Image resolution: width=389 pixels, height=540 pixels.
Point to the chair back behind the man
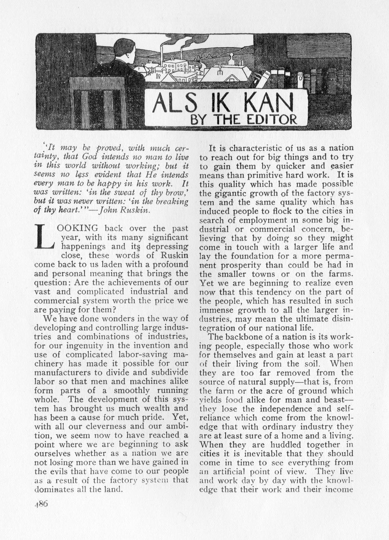(x=97, y=102)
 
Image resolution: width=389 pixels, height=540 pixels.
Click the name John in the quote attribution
(x=112, y=210)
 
